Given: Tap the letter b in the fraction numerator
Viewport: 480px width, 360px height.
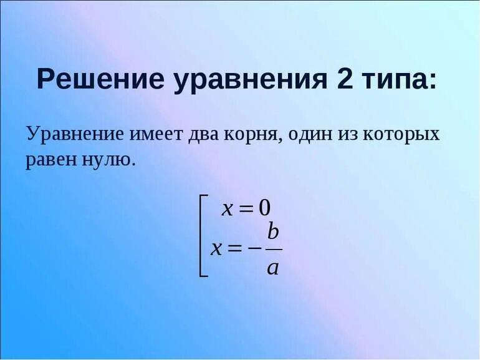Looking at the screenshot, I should click(x=273, y=231).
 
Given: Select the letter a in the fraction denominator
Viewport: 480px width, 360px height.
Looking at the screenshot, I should click(x=272, y=268).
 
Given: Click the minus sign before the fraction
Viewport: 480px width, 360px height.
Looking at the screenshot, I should click(x=254, y=248).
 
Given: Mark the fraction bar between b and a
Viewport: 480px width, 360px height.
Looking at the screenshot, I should click(x=274, y=250).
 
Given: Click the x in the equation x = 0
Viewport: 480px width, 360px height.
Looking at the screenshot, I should click(x=228, y=209).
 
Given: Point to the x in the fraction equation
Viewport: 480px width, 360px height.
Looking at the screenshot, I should click(x=217, y=248).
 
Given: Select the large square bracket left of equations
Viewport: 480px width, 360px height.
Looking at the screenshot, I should click(x=202, y=235).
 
